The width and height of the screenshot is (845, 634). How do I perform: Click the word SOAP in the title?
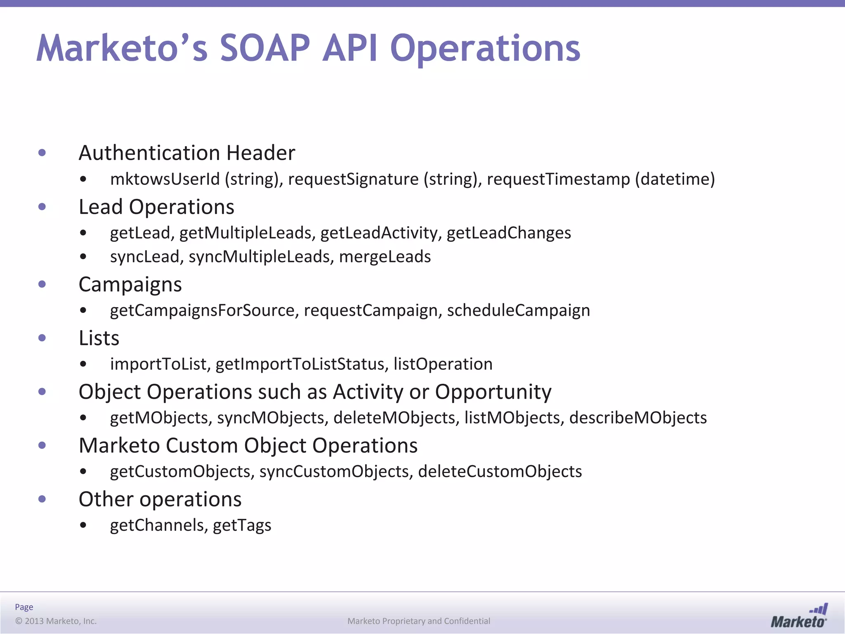point(264,48)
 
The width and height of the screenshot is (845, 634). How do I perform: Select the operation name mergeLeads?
point(385,257)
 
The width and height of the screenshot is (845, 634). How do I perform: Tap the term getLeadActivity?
point(379,233)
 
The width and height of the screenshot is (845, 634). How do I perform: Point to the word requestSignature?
point(353,179)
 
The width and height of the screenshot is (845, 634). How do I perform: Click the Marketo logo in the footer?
point(799,616)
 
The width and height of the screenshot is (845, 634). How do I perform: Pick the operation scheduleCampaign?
point(518,310)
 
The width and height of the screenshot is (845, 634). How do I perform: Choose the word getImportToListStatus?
point(302,364)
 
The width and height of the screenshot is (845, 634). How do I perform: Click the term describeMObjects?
point(638,418)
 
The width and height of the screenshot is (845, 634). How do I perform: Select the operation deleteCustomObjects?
point(500,471)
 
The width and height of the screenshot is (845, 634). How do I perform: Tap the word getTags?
point(242,525)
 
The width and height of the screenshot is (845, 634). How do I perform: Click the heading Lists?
point(99,338)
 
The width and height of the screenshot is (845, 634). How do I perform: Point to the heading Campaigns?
point(130,284)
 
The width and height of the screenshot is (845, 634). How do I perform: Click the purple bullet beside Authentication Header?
point(42,153)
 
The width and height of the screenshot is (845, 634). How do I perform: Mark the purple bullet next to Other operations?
point(42,499)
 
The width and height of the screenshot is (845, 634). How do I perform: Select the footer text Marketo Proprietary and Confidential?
point(419,621)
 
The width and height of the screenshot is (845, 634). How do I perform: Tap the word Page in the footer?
point(24,607)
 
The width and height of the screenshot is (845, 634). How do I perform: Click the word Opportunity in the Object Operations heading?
point(493,392)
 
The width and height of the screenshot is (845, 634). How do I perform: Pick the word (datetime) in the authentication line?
point(675,179)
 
